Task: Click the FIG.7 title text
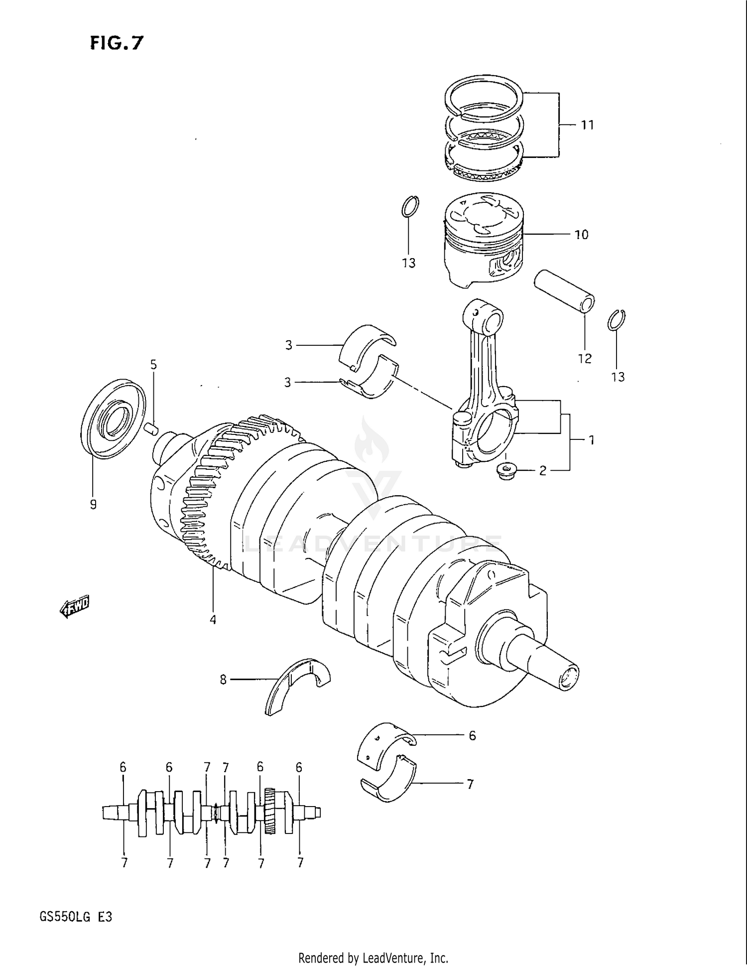[x=117, y=44]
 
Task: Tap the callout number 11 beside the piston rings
[x=588, y=125]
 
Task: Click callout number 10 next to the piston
[x=581, y=235]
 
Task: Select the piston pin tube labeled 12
[x=564, y=291]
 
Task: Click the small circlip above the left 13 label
[x=410, y=206]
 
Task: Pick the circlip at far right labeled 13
[x=617, y=320]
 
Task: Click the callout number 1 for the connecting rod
[x=591, y=440]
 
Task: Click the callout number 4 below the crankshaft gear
[x=213, y=620]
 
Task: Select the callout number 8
[x=223, y=679]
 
